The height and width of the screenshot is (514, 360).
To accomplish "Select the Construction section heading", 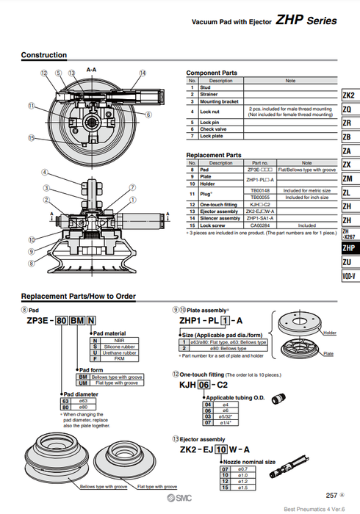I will coord(43,56).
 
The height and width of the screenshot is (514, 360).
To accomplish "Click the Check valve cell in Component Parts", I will coord(214,128).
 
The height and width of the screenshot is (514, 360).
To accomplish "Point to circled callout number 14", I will coord(143,73).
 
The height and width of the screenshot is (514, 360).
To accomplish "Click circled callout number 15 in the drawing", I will coord(32,137).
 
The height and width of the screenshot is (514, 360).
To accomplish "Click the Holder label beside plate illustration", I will coord(329,333).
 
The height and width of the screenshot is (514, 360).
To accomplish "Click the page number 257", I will coord(331,496).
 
